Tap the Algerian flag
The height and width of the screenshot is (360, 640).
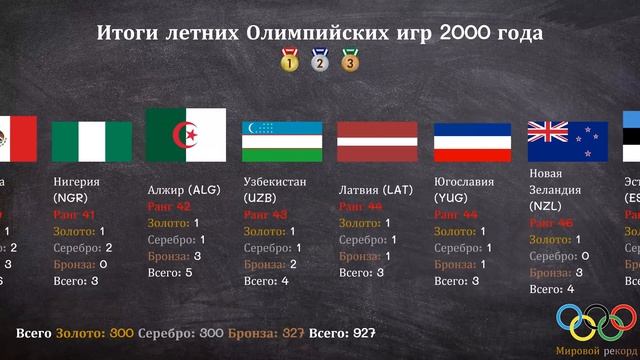click(186, 134)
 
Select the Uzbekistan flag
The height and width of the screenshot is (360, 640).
click(282, 141)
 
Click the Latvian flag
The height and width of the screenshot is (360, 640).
click(377, 141)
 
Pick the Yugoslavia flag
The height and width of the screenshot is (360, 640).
click(472, 141)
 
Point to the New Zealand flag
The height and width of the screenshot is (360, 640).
click(567, 141)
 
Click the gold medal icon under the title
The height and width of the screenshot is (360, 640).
click(289, 62)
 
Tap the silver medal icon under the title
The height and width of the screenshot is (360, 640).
click(319, 62)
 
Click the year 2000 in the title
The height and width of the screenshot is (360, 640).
click(456, 33)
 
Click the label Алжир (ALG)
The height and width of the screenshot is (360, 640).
click(184, 189)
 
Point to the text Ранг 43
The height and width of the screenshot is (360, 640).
click(265, 214)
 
